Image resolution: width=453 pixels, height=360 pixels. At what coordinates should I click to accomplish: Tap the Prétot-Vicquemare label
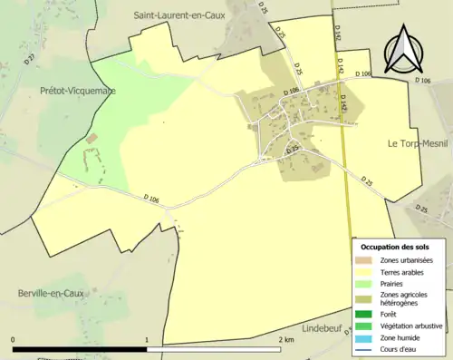(x=77, y=91)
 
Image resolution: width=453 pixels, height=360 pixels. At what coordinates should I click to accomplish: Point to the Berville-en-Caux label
(x=52, y=293)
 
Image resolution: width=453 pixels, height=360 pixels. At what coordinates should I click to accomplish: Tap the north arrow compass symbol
(x=400, y=51)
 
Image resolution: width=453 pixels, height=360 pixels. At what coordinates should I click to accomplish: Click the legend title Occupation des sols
(x=396, y=247)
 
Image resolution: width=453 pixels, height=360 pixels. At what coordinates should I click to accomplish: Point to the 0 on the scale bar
(x=14, y=340)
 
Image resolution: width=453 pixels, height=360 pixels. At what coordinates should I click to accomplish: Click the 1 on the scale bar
(x=147, y=340)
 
